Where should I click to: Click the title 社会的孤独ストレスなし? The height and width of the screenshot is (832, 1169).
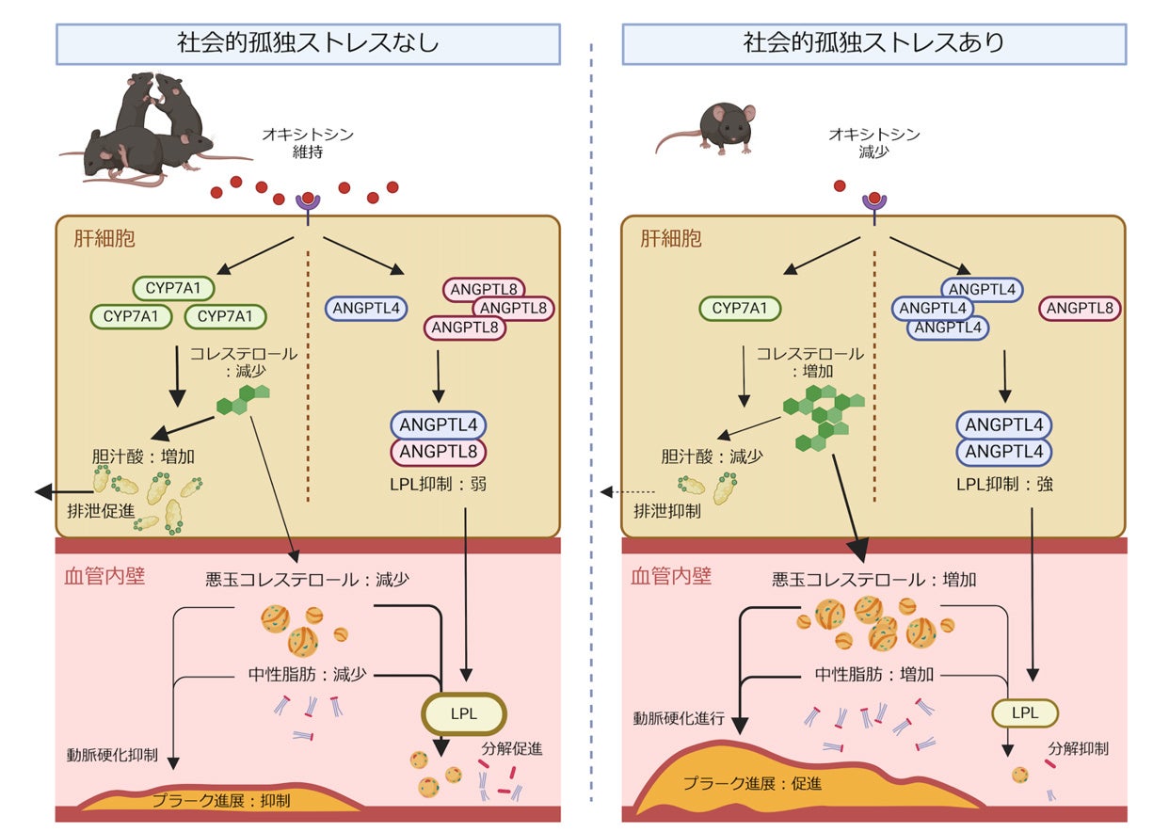[x=308, y=42]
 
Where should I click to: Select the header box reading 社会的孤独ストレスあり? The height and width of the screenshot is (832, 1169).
[x=874, y=44]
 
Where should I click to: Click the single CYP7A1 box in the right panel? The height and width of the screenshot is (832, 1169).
[x=740, y=308]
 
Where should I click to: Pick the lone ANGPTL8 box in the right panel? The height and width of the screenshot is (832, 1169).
[x=1080, y=308]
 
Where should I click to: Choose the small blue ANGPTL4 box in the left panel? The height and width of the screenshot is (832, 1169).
[x=366, y=308]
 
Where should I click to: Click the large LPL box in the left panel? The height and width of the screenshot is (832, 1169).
[x=463, y=713]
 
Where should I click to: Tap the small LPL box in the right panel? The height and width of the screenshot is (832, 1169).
[x=1024, y=713]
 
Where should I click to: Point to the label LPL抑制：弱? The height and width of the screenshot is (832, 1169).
[x=438, y=485]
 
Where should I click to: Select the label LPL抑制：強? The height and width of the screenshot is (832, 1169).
[x=1004, y=485]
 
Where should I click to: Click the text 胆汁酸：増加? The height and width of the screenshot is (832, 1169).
[x=143, y=456]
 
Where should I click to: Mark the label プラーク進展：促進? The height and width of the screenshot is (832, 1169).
[x=753, y=783]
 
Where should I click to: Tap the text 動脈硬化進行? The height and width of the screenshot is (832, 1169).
[x=679, y=719]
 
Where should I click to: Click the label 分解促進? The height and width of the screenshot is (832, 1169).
[x=511, y=749]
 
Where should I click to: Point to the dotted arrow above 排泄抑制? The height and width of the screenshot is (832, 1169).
[x=627, y=491]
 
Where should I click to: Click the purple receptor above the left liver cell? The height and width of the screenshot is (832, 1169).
[x=308, y=207]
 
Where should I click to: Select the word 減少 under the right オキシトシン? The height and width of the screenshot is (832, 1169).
[x=874, y=152]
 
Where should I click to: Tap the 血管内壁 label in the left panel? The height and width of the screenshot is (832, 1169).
[x=104, y=576]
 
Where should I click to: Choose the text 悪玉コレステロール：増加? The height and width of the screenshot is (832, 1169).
[x=874, y=580]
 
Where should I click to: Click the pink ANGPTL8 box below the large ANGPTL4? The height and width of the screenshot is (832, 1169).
[x=439, y=452]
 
